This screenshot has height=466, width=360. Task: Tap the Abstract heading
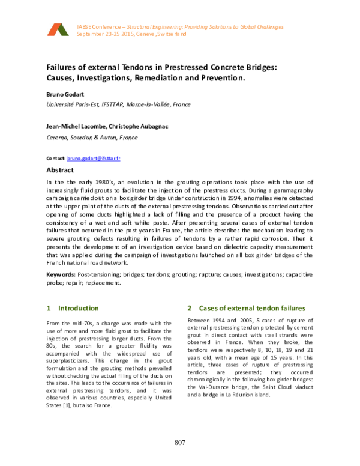60,170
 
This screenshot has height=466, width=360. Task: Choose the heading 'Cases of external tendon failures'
252,308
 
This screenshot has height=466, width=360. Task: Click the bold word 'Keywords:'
62,274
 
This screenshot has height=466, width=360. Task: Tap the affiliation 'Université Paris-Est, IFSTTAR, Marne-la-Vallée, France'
118,104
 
